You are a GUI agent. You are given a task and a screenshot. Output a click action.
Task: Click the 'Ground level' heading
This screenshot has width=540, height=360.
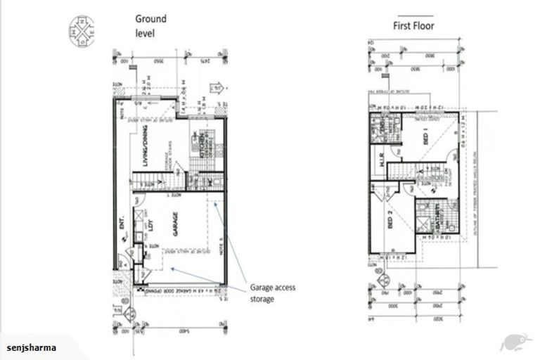tap(150, 26)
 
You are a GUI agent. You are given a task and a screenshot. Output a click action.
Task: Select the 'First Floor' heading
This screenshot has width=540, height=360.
tap(413, 26)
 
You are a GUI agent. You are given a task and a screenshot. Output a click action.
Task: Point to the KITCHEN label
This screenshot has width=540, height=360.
tap(200, 143)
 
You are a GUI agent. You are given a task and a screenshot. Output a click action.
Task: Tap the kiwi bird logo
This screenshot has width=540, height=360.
tap(515, 342)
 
